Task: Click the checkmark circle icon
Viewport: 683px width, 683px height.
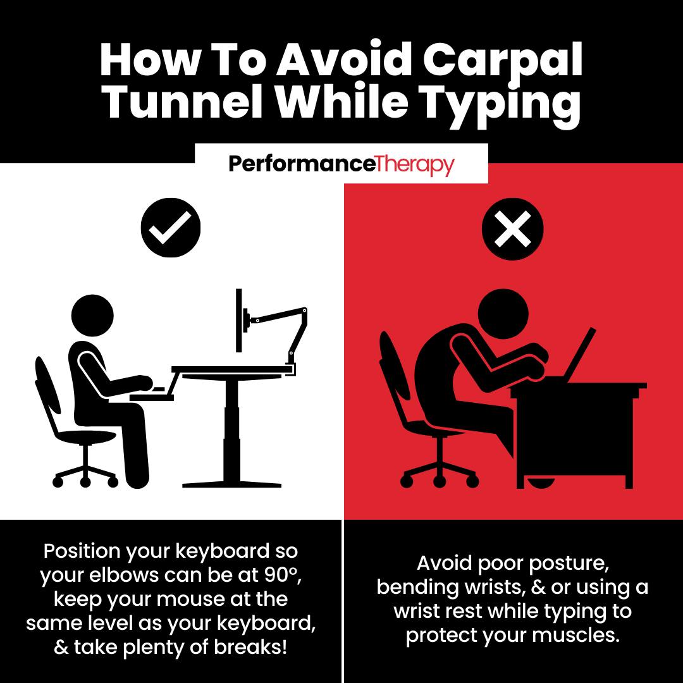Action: click(x=171, y=228)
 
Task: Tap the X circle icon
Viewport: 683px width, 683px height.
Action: click(x=513, y=229)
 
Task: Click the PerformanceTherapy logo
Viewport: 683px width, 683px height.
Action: click(x=341, y=164)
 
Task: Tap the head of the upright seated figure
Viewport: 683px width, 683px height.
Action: click(x=92, y=316)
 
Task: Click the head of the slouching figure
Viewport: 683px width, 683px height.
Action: click(x=503, y=313)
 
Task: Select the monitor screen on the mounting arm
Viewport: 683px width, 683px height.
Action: click(x=238, y=320)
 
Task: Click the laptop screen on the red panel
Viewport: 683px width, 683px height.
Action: click(x=580, y=354)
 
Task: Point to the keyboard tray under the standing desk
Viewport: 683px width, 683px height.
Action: click(x=152, y=397)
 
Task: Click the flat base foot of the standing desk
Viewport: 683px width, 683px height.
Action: click(x=231, y=484)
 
